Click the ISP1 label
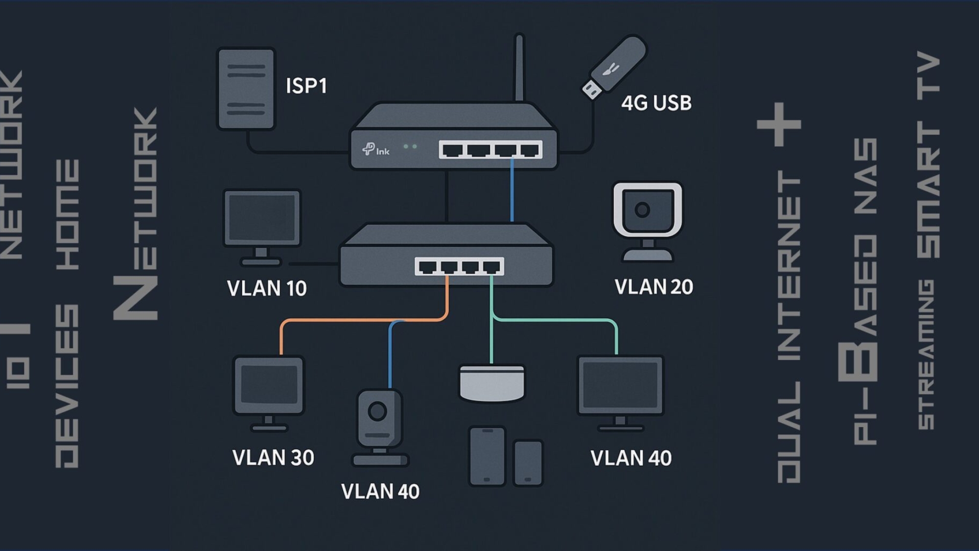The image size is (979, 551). (x=306, y=86)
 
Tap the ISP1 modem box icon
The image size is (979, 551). (x=246, y=89)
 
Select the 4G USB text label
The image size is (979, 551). (x=656, y=103)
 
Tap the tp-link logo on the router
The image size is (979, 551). (x=375, y=150)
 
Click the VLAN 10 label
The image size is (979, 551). (x=267, y=288)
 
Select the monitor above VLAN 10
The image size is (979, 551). (x=262, y=219)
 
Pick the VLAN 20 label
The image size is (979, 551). (x=653, y=287)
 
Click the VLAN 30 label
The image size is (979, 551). (x=273, y=458)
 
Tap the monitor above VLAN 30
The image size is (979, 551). (x=269, y=387)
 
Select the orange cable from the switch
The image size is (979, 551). (x=362, y=321)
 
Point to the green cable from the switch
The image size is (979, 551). (x=553, y=321)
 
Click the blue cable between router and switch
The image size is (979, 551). (x=512, y=191)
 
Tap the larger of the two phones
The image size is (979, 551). (x=487, y=456)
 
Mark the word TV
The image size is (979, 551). (x=928, y=73)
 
